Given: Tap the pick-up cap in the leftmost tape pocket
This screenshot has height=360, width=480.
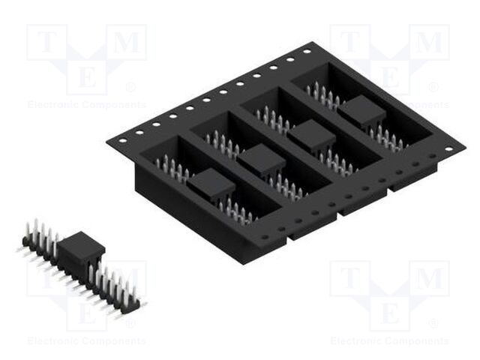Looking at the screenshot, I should (x=211, y=183).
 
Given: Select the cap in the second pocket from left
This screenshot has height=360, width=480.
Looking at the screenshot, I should (x=262, y=160).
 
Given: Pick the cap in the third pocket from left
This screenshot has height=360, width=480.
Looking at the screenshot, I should (x=312, y=136).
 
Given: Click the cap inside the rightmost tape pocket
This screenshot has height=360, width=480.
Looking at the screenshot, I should (x=361, y=112).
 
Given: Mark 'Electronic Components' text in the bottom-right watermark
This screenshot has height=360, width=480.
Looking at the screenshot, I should (x=389, y=341).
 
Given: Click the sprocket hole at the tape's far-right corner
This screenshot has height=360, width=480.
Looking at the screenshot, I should (x=448, y=149).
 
